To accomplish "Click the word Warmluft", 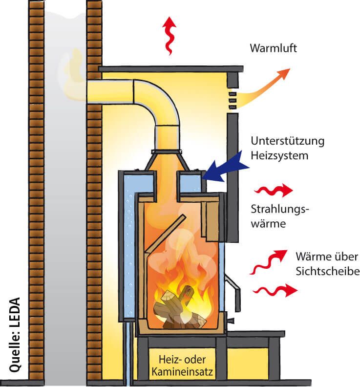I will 273,48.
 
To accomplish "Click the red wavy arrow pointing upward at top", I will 169,35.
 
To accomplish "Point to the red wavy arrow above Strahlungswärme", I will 275,190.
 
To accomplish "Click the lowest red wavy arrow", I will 275,291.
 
